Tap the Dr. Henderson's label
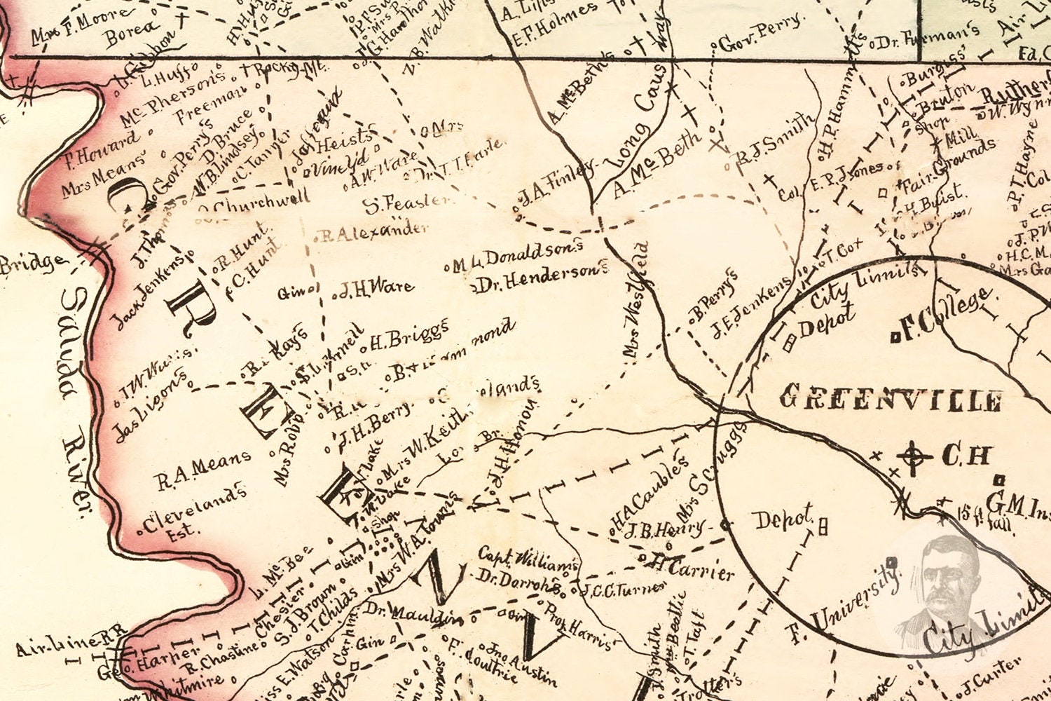point(540,278)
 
